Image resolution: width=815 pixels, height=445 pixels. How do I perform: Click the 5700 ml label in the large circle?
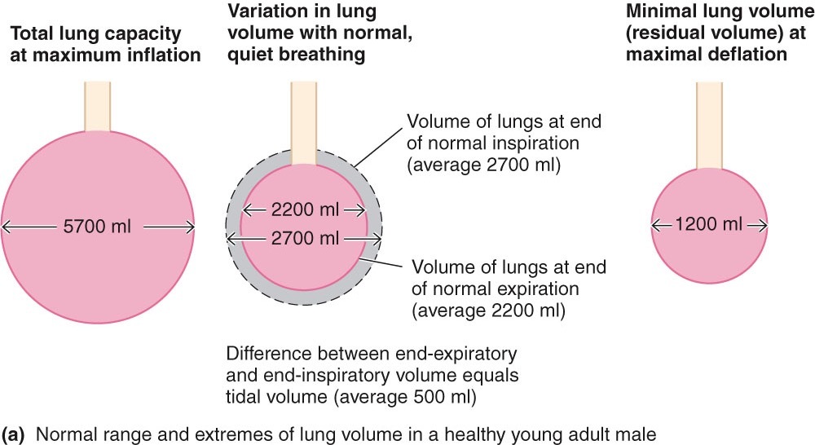[x=97, y=227]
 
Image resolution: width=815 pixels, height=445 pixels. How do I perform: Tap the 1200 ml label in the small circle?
[x=709, y=224]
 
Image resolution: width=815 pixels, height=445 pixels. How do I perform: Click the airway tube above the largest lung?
[x=98, y=105]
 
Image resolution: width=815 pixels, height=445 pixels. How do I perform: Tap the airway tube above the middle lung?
[x=303, y=122]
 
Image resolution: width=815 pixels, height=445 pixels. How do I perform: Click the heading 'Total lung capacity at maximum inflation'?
[x=104, y=45]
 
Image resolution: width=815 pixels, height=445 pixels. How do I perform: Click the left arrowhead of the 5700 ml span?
[x=6, y=227]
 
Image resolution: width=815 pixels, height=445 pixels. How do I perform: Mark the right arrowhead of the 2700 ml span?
[x=377, y=239]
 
